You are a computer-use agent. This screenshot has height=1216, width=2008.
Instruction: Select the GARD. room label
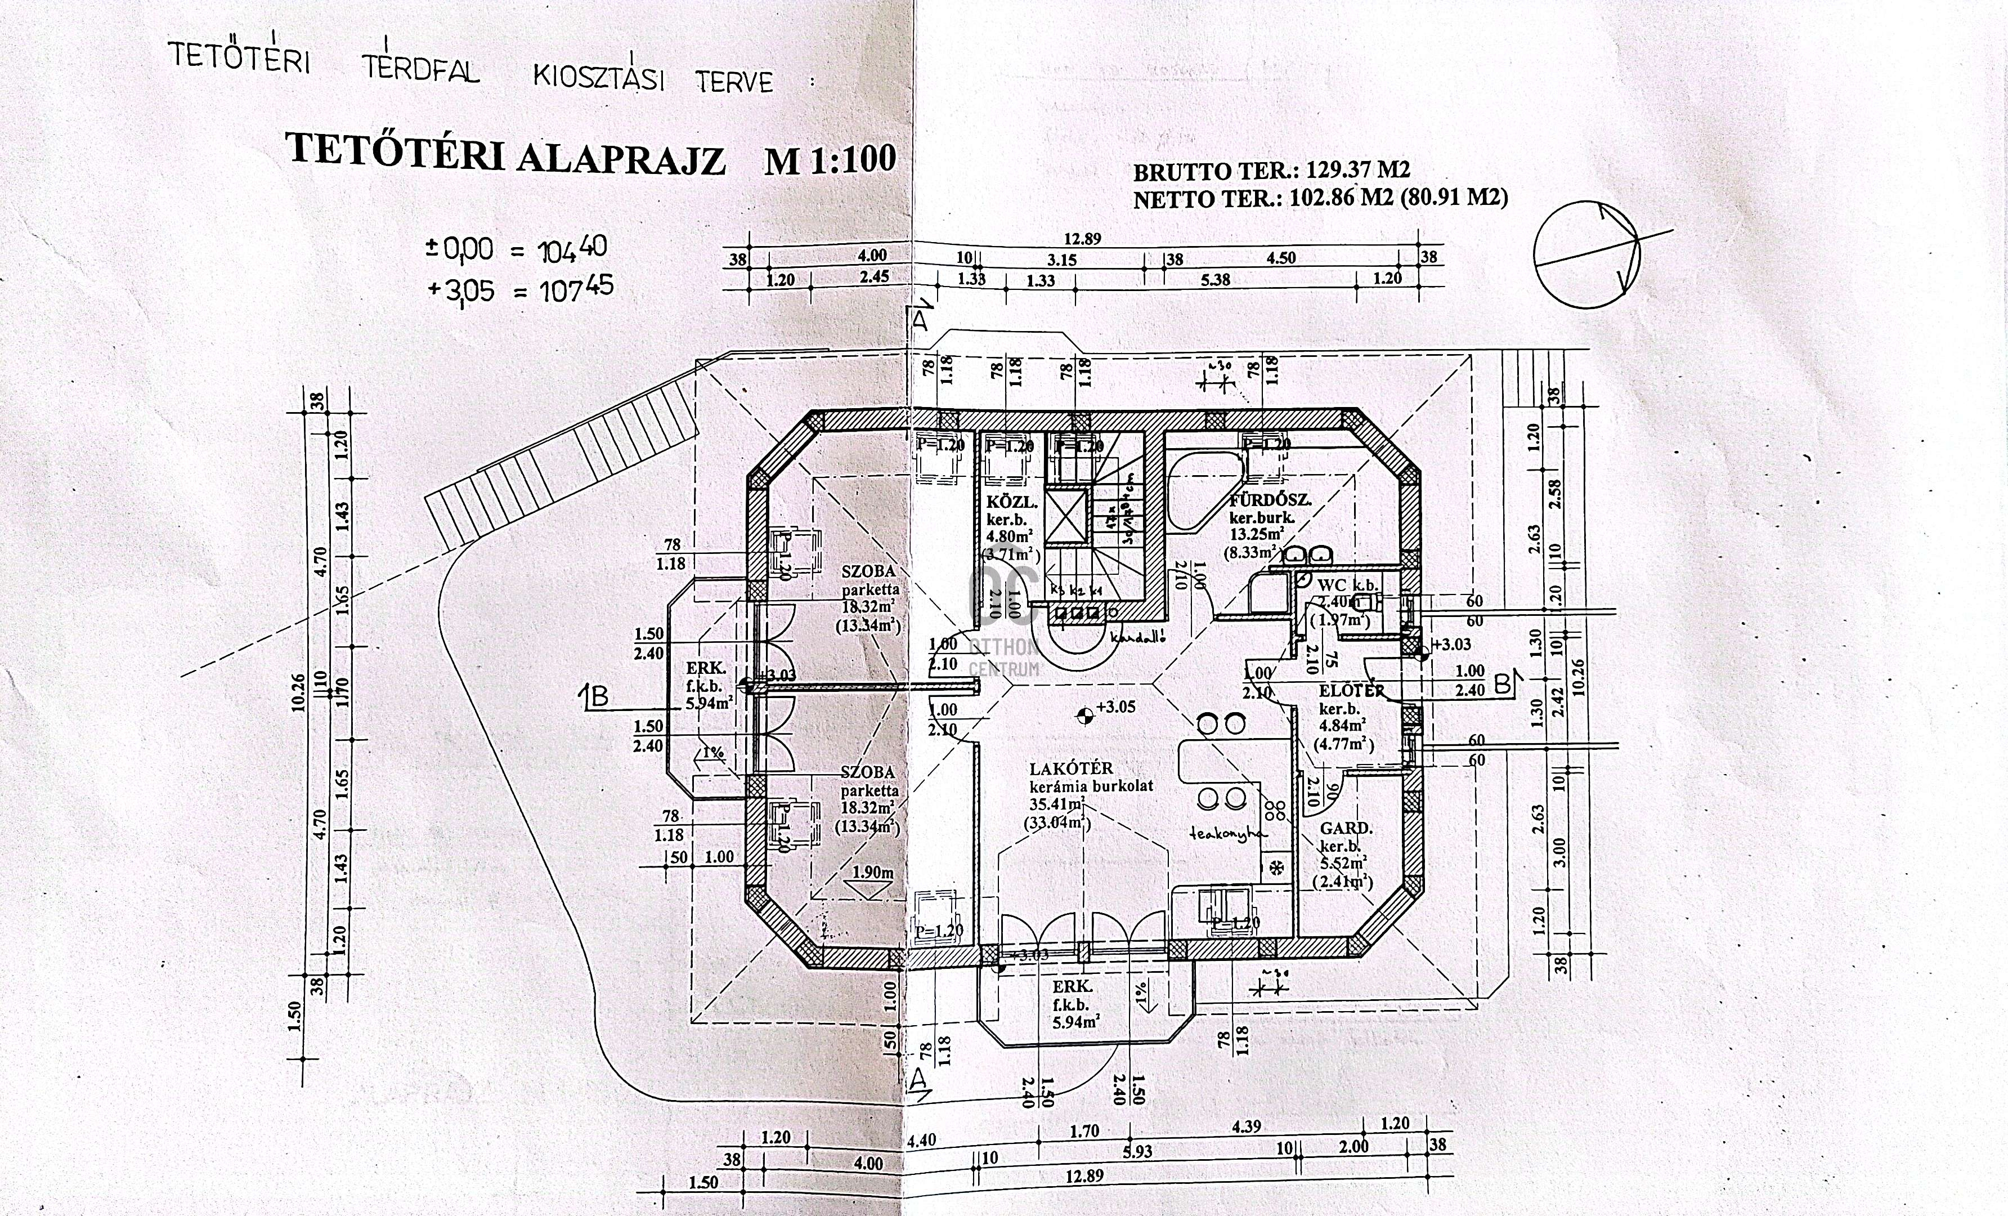[x=1346, y=829]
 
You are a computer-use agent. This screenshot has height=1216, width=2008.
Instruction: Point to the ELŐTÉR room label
[x=1352, y=691]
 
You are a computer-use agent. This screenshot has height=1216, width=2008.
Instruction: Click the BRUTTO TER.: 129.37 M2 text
[x=1271, y=171]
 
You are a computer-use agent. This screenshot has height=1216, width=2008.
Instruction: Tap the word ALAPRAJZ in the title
[x=620, y=160]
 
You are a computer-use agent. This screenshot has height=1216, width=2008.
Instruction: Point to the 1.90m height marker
[x=872, y=872]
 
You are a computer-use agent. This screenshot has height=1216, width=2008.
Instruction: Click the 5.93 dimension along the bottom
[x=1137, y=1152]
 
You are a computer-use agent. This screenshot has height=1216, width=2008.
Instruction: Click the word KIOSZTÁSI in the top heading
[x=598, y=78]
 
